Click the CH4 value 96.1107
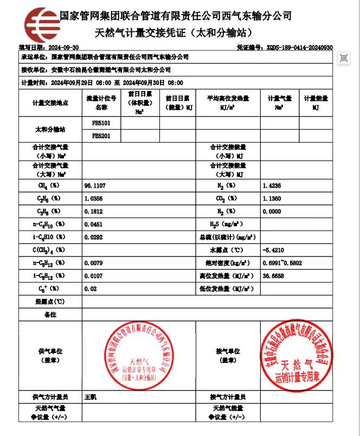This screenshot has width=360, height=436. coord(95,186)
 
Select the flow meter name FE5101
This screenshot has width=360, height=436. coord(101,124)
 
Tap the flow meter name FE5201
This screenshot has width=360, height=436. coord(101,136)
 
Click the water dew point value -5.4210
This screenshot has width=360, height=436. coord(273,250)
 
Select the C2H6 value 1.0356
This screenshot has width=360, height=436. coord(95,198)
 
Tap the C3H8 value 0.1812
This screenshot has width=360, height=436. coord(95,211)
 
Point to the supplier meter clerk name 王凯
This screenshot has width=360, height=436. coord(90,397)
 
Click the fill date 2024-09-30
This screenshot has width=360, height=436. coord(64,48)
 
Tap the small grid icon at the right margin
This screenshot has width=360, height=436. coord(344,58)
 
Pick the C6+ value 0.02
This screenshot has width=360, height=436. coord(91,289)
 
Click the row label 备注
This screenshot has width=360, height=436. coord(50,315)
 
